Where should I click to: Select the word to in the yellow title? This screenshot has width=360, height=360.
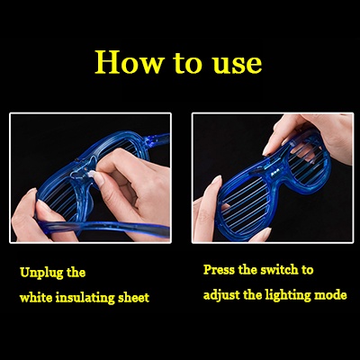[x=187, y=63]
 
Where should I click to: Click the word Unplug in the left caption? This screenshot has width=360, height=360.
[x=41, y=274]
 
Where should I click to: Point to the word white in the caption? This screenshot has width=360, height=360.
[x=36, y=298]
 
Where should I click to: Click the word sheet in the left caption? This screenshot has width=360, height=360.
[x=133, y=298]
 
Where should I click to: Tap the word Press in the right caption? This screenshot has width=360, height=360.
[x=220, y=270]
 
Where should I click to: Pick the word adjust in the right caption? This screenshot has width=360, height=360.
[x=221, y=295]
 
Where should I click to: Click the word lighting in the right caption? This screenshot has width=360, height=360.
[x=288, y=295]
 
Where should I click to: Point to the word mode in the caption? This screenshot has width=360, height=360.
[x=330, y=295]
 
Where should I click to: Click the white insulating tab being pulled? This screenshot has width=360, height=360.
[x=90, y=173]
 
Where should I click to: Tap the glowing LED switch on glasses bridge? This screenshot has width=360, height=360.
[x=274, y=174]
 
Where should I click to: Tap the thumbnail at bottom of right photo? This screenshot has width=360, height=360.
[x=261, y=233]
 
